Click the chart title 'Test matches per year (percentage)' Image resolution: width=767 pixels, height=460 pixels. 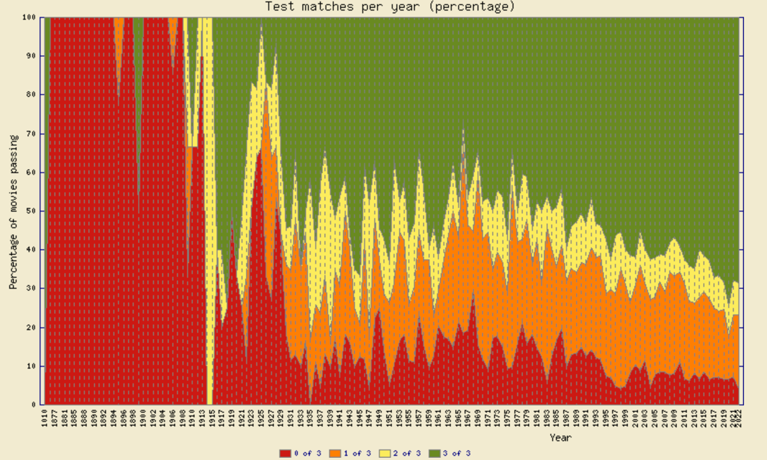tap(390, 6)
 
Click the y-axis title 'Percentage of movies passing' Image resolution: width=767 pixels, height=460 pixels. tap(13, 212)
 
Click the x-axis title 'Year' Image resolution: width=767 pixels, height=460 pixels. tap(561, 437)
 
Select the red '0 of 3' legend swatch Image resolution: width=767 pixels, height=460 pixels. tap(285, 453)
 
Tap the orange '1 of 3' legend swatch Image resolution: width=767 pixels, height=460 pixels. tap(335, 453)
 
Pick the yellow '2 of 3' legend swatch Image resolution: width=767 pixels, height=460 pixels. tap(384, 453)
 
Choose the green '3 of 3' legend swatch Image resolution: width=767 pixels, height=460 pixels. tap(434, 453)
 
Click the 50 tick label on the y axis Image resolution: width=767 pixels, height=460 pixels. tap(32, 211)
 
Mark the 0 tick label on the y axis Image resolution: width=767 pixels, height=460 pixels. tap(35, 405)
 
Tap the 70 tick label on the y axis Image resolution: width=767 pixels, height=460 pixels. tap(32, 133)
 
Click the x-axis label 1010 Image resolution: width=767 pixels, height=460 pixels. tap(45, 418)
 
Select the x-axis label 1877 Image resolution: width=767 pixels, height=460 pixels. tap(54, 418)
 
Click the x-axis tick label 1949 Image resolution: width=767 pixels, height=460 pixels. tap(379, 418)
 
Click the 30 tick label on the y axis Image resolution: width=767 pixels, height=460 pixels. tap(32, 288)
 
